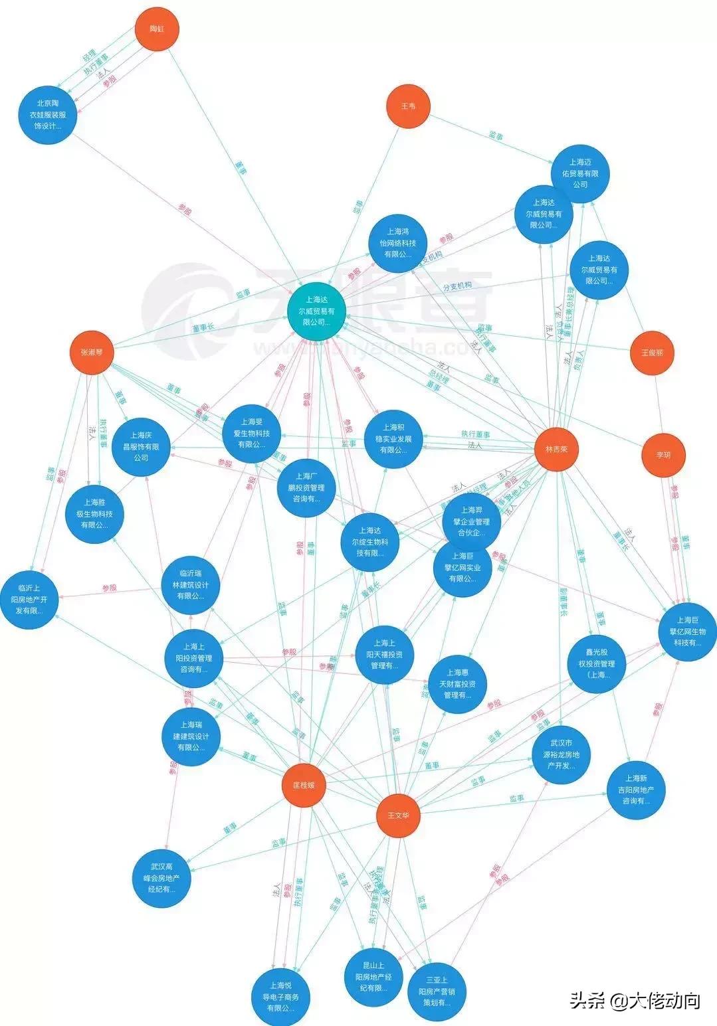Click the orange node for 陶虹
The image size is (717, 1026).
pos(157,29)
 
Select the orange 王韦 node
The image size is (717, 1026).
pos(408,106)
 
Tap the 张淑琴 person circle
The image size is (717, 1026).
pos(92,352)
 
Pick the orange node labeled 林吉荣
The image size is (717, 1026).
pos(556,449)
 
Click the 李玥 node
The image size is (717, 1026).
pos(663,455)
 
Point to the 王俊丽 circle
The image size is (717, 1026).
pos(652,353)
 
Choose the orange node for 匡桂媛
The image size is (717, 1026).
pos(304,784)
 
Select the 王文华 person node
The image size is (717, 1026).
pos(399,815)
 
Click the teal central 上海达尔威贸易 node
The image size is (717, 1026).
pos(318,311)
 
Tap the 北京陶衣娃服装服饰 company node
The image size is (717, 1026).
pos(48,114)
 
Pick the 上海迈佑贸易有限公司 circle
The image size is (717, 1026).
pos(579,173)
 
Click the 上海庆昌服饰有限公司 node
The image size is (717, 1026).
pos(140,446)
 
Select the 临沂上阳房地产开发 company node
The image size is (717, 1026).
pos(29,599)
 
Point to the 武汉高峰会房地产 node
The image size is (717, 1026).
pos(161,877)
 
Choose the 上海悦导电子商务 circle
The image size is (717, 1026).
pos(280,996)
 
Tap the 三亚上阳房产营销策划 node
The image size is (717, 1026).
pos(437,991)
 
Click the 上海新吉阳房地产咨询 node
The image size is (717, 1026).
pos(636,790)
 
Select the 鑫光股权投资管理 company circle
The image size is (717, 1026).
pos(597,664)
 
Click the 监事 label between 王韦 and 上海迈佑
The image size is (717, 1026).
pos(496,136)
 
